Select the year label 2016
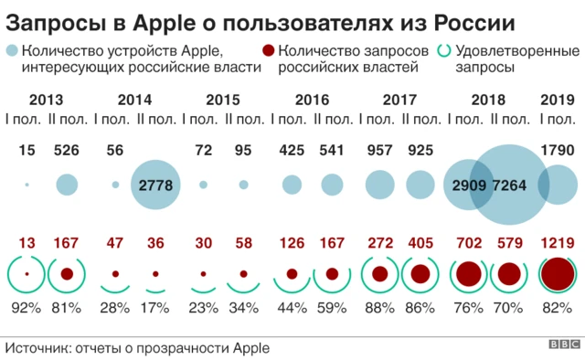point(312,100)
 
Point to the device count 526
point(67,150)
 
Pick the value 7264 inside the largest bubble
point(509,185)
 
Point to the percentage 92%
point(27,308)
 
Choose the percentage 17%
point(154,308)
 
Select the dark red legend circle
point(269,53)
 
